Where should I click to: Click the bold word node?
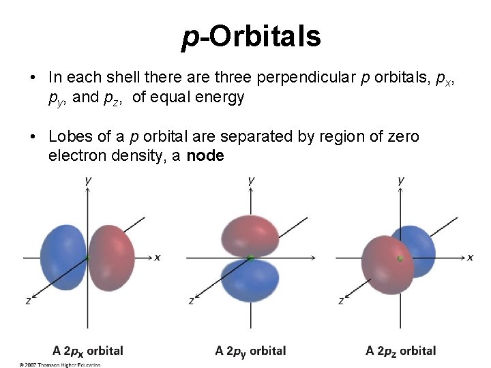click(205, 155)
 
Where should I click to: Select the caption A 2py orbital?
click(250, 351)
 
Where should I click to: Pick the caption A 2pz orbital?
click(400, 351)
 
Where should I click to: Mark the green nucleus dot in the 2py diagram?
click(251, 258)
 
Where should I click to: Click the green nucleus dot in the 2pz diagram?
click(401, 258)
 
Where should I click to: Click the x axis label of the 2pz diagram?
click(470, 257)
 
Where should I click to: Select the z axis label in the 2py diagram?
click(192, 300)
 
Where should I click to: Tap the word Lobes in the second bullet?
click(68, 136)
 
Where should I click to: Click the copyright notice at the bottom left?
click(60, 365)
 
